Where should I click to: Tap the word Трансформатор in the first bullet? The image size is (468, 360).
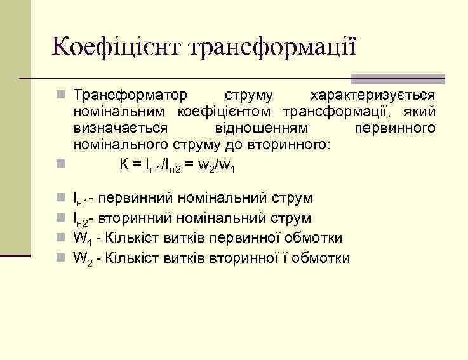pyautogui.click(x=131, y=95)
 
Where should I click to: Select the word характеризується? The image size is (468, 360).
pyautogui.click(x=372, y=95)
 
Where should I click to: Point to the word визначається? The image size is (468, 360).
pyautogui.click(x=121, y=128)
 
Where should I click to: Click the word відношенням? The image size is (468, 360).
pyautogui.click(x=261, y=128)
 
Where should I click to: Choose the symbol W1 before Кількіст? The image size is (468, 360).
pyautogui.click(x=82, y=239)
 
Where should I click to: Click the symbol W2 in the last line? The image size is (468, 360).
pyautogui.click(x=82, y=259)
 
